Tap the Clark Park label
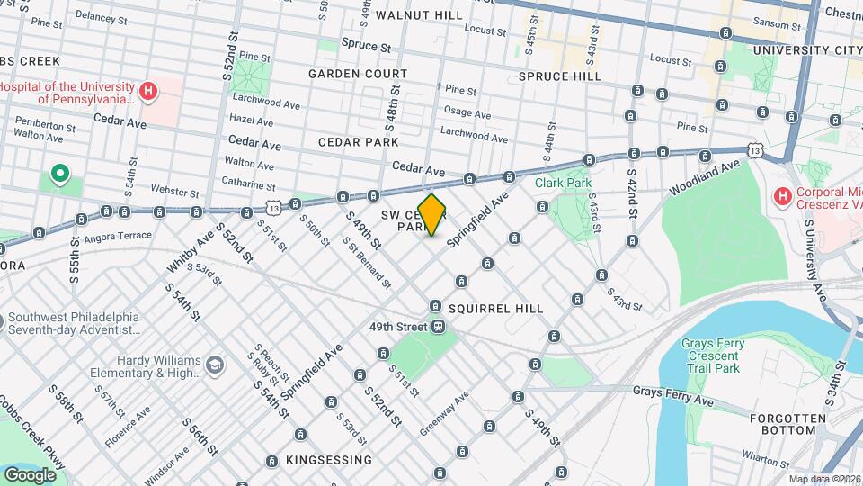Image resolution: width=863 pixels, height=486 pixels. click(x=564, y=183)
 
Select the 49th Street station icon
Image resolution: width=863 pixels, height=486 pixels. click(x=438, y=326)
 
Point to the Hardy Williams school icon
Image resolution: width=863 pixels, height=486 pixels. click(x=214, y=364)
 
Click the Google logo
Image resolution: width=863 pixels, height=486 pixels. click(x=30, y=474)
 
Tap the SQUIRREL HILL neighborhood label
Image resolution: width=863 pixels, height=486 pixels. click(x=495, y=309)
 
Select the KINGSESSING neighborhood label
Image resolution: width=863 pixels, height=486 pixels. click(x=328, y=460)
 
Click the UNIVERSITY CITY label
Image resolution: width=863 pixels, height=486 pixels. click(x=803, y=50)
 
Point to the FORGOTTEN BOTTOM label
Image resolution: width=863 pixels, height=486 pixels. click(x=790, y=426)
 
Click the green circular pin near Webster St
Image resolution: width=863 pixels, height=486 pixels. click(x=60, y=173)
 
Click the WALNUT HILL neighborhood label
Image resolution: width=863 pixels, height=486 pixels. click(x=420, y=15)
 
